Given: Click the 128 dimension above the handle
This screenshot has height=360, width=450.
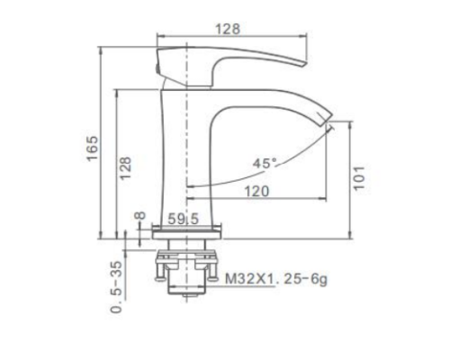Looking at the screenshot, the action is tap(228, 29).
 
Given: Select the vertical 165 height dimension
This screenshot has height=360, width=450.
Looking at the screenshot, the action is tap(92, 148).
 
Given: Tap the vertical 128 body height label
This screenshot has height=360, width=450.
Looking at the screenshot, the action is tap(125, 168).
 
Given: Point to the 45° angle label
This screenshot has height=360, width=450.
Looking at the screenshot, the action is tap(265, 164).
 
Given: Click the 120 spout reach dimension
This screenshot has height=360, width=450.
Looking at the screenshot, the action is tap(257, 192).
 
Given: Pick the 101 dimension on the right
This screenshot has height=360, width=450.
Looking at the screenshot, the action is tap(359, 177).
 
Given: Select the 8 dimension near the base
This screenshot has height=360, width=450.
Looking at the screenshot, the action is tap(139, 215).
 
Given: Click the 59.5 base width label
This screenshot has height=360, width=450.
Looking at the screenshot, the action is tap(183, 219).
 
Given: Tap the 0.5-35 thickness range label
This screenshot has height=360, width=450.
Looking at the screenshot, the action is tap(117, 287).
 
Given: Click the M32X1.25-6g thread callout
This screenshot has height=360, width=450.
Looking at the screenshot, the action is tap(276, 279).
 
